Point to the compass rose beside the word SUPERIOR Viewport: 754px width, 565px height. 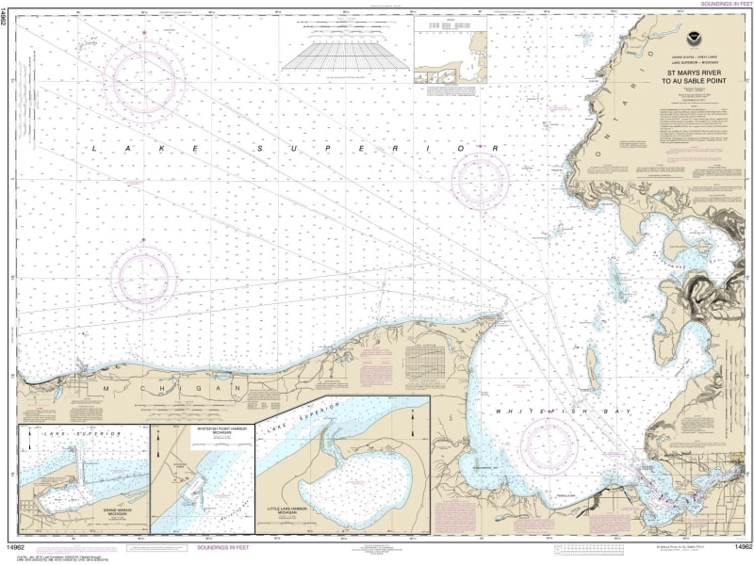[x=480, y=180]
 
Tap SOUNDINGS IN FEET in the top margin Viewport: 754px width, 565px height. [x=722, y=5]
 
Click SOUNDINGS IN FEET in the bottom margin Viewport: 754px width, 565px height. [x=226, y=547]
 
